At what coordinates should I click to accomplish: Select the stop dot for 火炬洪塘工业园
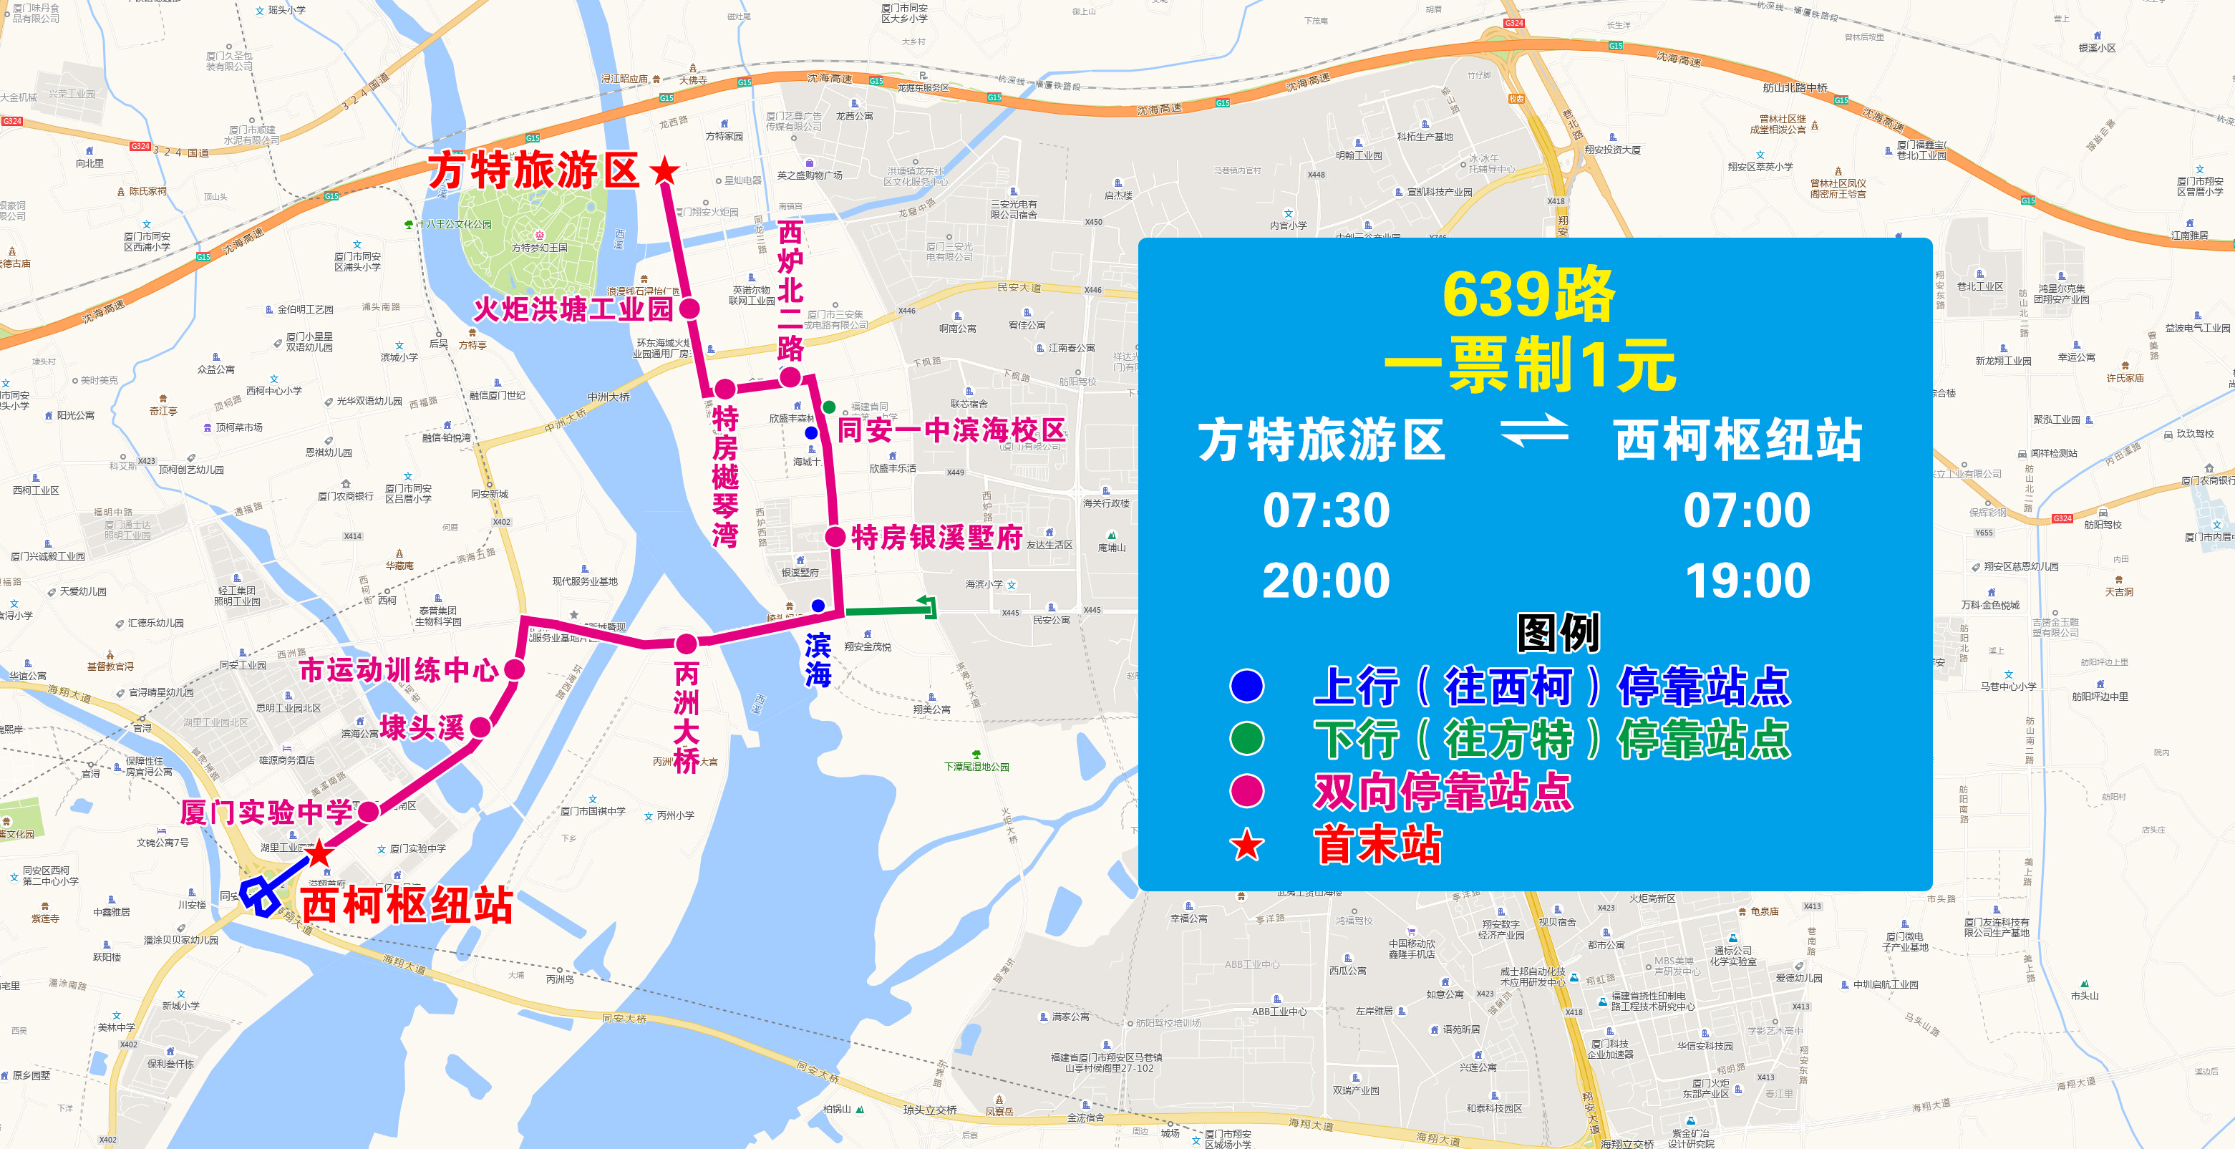[x=690, y=308]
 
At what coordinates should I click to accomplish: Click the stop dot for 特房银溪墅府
[x=835, y=536]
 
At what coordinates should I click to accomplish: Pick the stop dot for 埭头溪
[x=480, y=727]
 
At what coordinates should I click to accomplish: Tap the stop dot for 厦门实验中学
[x=368, y=811]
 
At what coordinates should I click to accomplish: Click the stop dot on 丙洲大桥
[x=687, y=644]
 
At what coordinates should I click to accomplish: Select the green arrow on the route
[x=926, y=608]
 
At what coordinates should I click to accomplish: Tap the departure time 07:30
[x=1326, y=510]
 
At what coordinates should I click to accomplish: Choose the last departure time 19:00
[x=1747, y=581]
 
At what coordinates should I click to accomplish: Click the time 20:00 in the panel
[x=1326, y=581]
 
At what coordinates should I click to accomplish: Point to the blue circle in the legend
[x=1247, y=686]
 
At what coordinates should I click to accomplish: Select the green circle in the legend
[x=1247, y=739]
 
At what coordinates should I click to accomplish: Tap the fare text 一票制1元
[x=1531, y=365]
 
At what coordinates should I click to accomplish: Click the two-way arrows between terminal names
[x=1534, y=431]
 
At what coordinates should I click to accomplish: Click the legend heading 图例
[x=1557, y=632]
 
